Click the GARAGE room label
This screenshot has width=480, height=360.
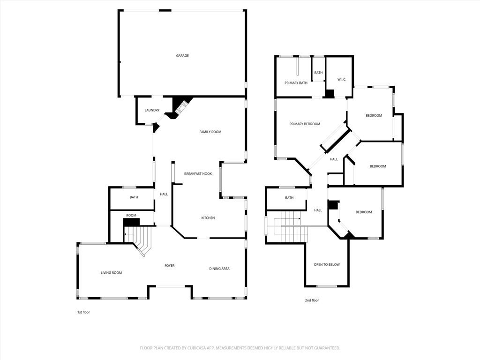(182, 56)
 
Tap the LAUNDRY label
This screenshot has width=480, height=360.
(152, 110)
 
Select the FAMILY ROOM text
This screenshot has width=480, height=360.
(210, 132)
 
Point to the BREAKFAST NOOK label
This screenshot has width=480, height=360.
(198, 173)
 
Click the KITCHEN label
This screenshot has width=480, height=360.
(208, 218)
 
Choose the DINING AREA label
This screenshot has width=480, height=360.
(219, 269)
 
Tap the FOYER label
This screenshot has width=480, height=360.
(170, 266)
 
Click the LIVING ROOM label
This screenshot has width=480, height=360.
(112, 273)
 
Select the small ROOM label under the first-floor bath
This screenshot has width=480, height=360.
(131, 216)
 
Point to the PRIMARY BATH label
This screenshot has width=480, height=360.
(296, 83)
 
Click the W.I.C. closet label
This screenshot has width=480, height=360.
(341, 79)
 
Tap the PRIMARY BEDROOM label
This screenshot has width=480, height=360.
(305, 124)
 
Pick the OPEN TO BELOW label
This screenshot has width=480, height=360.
(327, 264)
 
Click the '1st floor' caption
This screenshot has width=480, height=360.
(83, 312)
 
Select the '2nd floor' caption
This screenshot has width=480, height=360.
(312, 300)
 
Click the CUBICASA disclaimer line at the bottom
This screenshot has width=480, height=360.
(240, 348)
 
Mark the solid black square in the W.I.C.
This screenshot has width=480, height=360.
(330, 93)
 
